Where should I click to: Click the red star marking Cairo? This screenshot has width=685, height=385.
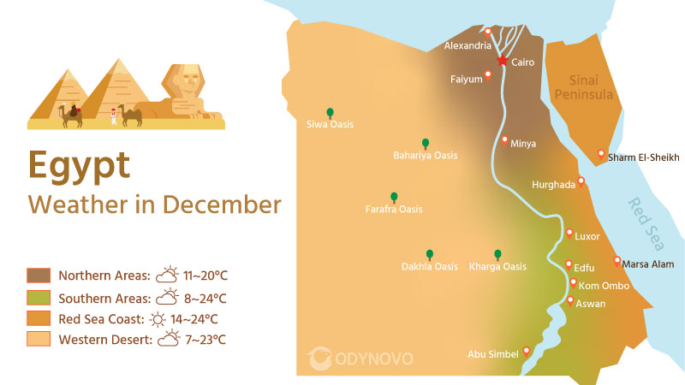point(502,61)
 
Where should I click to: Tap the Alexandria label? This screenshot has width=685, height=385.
point(468,46)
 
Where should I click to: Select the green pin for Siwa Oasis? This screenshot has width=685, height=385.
point(329,112)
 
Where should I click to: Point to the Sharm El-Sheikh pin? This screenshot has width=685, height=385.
point(601,154)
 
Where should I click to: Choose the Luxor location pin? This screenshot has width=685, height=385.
point(569,233)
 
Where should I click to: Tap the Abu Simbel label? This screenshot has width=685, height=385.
point(493,354)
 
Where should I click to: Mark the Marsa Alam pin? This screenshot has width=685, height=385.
point(616,260)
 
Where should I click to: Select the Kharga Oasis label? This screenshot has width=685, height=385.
point(497,267)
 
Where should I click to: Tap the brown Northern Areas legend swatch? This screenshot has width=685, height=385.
point(39,275)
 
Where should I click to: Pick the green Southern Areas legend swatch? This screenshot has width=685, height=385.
point(39,298)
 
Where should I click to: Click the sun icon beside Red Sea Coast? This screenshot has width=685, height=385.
point(157,319)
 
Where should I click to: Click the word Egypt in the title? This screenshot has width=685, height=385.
point(79,164)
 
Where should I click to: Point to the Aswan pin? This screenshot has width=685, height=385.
point(570,300)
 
